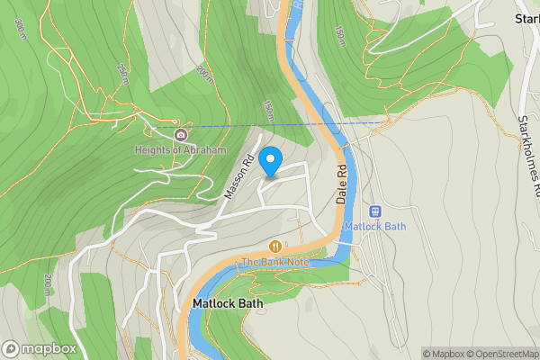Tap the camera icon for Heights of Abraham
tap(181, 135)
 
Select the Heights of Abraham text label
tap(181, 150)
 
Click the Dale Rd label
tap(342, 184)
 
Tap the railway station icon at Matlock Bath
tap(375, 211)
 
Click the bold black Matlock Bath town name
tap(228, 304)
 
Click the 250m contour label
tap(122, 69)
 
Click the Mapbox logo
tap(38, 349)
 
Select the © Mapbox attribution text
tap(445, 354)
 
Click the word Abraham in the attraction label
tap(206, 150)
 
